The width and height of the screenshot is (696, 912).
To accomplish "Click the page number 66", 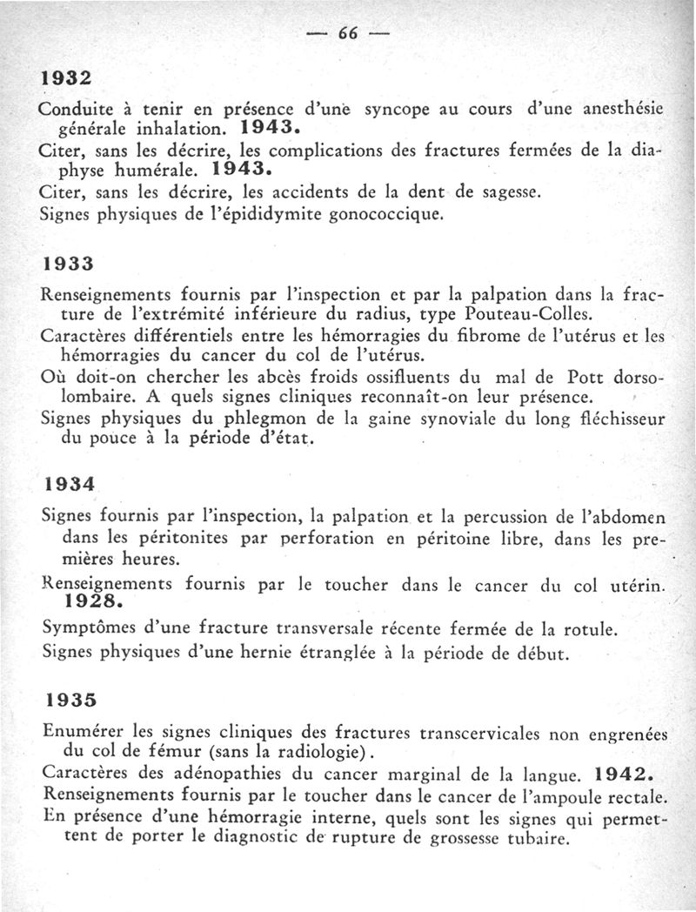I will coord(348,34).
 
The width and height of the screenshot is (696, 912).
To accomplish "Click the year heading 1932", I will coord(66,77).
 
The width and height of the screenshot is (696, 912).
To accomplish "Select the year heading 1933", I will coord(68,261).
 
